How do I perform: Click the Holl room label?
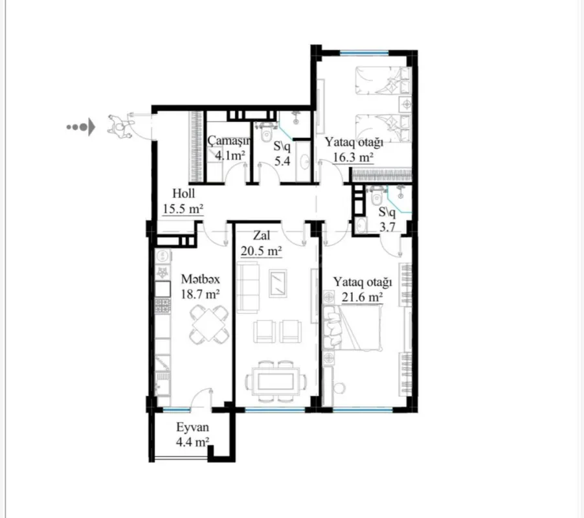pyautogui.click(x=183, y=194)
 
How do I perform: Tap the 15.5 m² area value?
pyautogui.click(x=182, y=208)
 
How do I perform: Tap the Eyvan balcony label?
pyautogui.click(x=192, y=428)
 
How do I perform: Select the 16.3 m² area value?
pyautogui.click(x=354, y=157)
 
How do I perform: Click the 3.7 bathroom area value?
pyautogui.click(x=387, y=227)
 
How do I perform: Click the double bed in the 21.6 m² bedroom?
pyautogui.click(x=353, y=330)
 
